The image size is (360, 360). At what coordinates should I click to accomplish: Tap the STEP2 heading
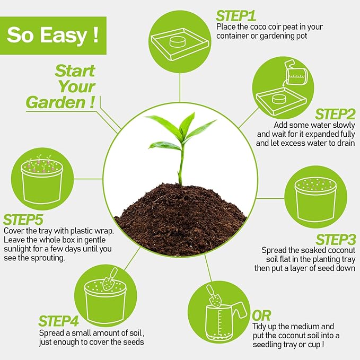click(x=335, y=114)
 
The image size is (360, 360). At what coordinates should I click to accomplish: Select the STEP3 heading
click(x=336, y=240)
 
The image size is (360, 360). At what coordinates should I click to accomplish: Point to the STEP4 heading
click(x=59, y=321)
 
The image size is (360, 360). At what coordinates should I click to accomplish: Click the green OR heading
click(x=263, y=315)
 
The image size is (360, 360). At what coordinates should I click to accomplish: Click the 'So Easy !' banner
click(x=52, y=36)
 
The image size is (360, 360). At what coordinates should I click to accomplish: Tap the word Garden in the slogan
click(x=54, y=102)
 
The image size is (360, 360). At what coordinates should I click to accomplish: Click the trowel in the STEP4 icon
click(x=111, y=278)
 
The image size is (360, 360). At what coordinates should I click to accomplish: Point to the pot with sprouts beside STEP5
click(x=41, y=177)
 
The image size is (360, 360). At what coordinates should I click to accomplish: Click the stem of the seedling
click(x=181, y=164)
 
